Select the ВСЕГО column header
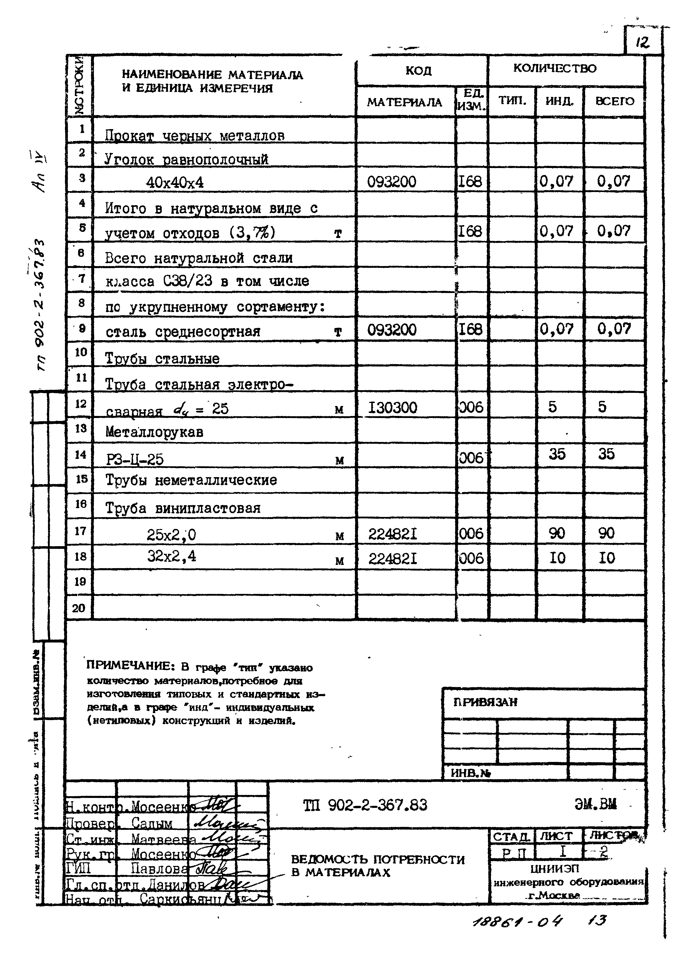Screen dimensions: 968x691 [x=614, y=101]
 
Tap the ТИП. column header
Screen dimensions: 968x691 [x=512, y=101]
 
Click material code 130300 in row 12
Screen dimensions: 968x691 [x=392, y=408]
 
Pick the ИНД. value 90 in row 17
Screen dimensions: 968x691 [x=557, y=533]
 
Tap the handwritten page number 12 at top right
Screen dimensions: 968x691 [x=642, y=42]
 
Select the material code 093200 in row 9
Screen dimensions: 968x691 [x=391, y=330]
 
